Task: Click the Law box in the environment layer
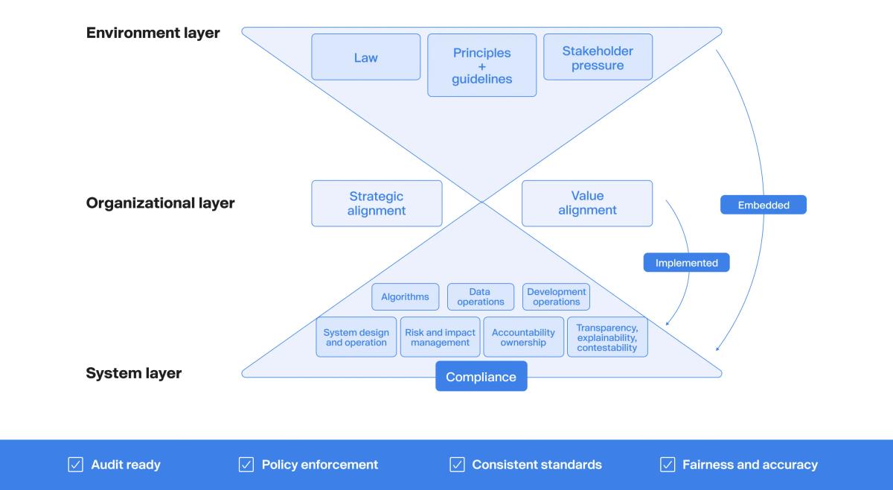coord(365,57)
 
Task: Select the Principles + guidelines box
coord(481,66)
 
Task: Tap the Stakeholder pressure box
coord(598,57)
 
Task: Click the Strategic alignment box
coord(377,203)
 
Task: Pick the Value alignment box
coord(587,203)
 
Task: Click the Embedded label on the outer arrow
coord(763,205)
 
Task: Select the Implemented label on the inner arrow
coord(686,263)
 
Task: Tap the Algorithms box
coord(405,296)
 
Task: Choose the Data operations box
coord(480,296)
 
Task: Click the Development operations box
coord(556,296)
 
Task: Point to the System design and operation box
coord(356,337)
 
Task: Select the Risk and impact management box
coord(440,337)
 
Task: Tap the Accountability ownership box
coord(523,337)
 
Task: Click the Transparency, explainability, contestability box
coord(606,337)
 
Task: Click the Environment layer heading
coord(153,33)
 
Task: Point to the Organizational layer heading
coord(160,203)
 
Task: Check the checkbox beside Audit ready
coord(75,465)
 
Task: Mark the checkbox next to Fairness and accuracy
coord(668,465)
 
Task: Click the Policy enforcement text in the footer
coord(319,465)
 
